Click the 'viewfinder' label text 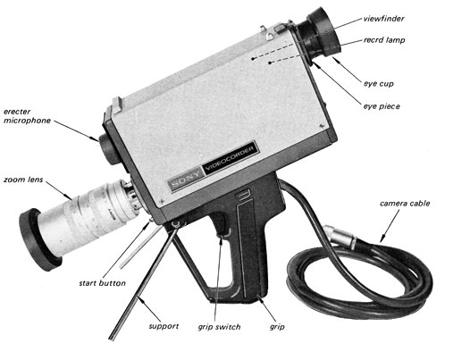[x=384, y=19]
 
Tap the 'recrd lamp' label [x=384, y=40]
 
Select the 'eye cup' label [x=379, y=84]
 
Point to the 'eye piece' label [x=382, y=106]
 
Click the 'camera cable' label [x=405, y=204]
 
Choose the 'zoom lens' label [x=23, y=180]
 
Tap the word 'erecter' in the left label [x=17, y=112]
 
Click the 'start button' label [x=102, y=283]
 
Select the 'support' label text [x=164, y=326]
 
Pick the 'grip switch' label [x=219, y=327]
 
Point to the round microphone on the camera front [x=108, y=148]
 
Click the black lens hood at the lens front [x=38, y=239]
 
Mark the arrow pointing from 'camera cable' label [x=390, y=225]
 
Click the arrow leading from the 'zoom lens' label [x=59, y=190]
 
